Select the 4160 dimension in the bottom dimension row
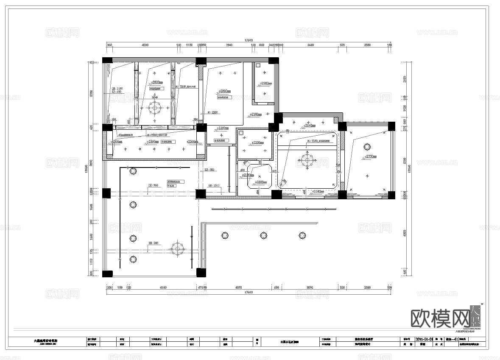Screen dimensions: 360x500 (163, 287)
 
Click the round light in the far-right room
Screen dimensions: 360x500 (367, 147)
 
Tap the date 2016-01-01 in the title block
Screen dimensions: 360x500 (425, 339)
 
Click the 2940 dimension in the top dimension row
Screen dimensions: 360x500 (229, 45)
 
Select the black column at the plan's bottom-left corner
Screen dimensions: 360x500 (108, 273)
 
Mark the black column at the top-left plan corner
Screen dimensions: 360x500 (107, 60)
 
